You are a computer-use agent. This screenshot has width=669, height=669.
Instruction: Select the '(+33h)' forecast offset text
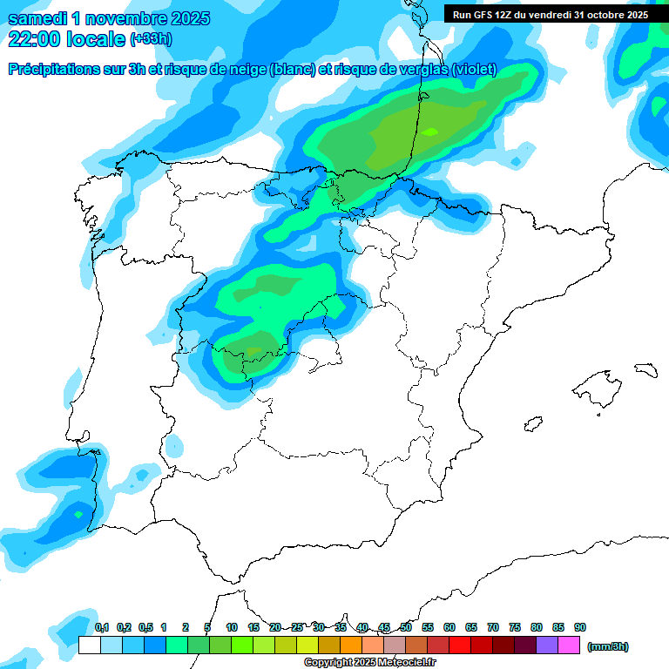[151, 39]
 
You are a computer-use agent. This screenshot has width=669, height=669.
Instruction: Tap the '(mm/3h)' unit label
[607, 646]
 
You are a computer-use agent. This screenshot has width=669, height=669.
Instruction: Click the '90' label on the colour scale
[580, 627]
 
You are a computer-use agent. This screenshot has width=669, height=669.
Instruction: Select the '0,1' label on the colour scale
[102, 627]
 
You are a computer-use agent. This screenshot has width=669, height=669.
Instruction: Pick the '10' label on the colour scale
[232, 627]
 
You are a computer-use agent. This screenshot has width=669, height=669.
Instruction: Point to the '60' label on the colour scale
[449, 627]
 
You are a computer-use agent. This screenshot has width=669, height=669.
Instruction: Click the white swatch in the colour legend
[89, 645]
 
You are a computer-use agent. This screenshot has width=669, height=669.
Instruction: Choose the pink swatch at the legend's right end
[569, 645]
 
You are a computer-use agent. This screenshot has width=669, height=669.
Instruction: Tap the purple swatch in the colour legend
[547, 645]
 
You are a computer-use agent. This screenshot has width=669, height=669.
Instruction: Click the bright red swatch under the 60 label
[460, 645]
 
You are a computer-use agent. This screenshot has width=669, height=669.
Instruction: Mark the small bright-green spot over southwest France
[430, 132]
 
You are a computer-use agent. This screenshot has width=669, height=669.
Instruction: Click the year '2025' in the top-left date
[184, 17]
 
